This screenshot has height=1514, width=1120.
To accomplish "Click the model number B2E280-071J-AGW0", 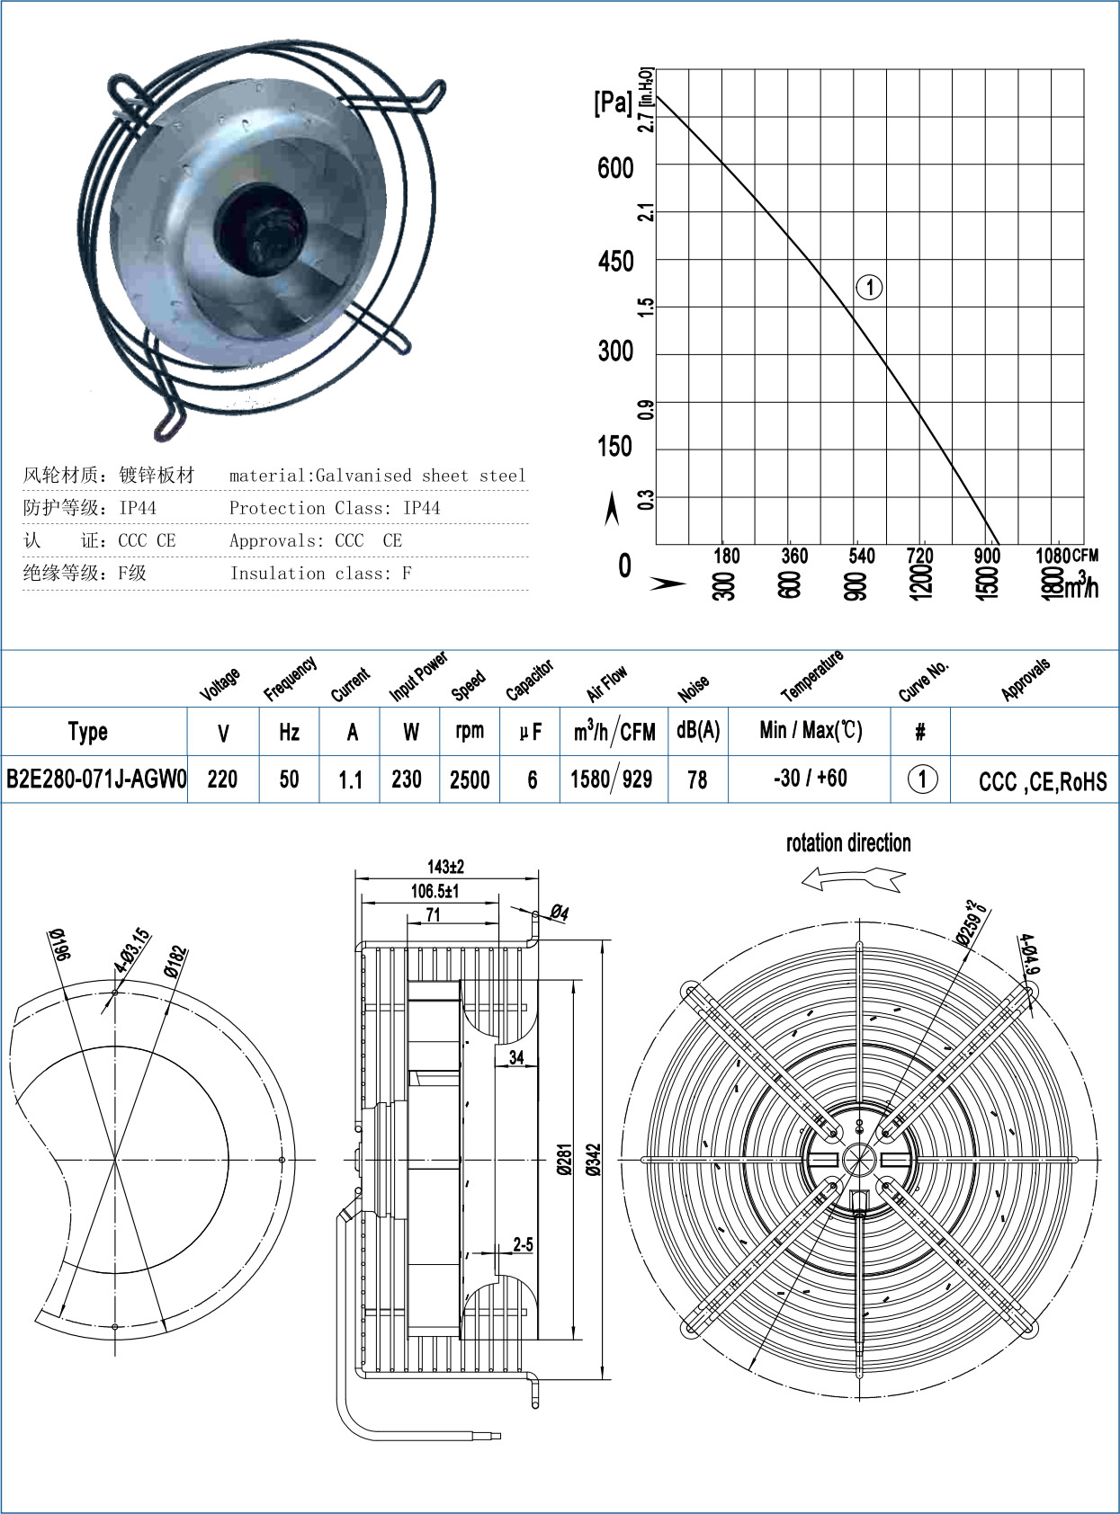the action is [x=95, y=779].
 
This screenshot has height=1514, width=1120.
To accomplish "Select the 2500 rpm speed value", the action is [x=470, y=779].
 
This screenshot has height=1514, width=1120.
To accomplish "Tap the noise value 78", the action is [x=697, y=779].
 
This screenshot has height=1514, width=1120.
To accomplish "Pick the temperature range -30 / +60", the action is [x=811, y=779].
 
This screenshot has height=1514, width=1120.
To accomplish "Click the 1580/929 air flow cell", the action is [x=612, y=779].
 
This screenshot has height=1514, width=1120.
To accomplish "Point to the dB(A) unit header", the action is [x=698, y=731].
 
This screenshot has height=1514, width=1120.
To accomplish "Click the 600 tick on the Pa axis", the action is [x=615, y=168].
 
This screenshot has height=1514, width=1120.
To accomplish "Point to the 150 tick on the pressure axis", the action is [x=614, y=447].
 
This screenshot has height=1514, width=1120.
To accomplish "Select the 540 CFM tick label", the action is [x=862, y=556].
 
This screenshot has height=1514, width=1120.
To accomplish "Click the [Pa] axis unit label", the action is [x=613, y=103].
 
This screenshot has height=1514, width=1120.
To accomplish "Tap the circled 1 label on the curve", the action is [x=869, y=287].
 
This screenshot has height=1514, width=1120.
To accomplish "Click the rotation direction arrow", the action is [x=854, y=880].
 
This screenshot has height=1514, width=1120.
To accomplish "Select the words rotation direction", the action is [x=848, y=843].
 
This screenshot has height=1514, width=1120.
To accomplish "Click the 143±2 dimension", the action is [x=445, y=867].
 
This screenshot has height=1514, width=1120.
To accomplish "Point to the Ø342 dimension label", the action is [x=593, y=1160].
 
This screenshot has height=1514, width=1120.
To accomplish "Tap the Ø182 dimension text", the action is [x=175, y=961].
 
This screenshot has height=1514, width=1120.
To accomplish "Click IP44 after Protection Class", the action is [x=421, y=508].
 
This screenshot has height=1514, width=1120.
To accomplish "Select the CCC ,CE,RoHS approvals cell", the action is [x=1042, y=781].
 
